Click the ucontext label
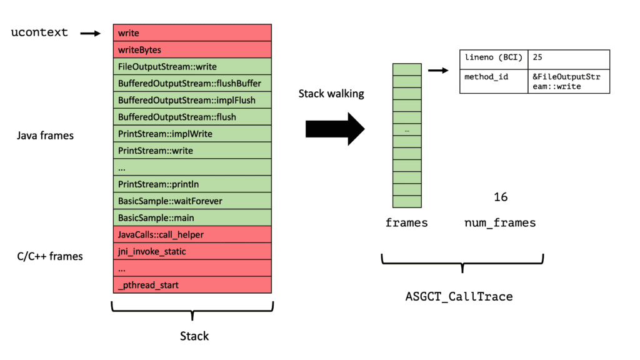[39, 32]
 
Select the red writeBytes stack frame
[192, 50]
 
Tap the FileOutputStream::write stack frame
[192, 66]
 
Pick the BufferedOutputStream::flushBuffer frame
[192, 83]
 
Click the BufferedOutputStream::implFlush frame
[192, 100]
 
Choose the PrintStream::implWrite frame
[192, 134]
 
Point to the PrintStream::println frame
[192, 184]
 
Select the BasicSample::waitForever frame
[192, 201]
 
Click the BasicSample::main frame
[192, 218]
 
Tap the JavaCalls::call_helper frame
[192, 235]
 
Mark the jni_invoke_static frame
[192, 251]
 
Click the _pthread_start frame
[192, 285]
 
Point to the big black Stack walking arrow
[334, 128]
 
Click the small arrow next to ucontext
[91, 33]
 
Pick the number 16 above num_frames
[501, 197]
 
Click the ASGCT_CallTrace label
[459, 296]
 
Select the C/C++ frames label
[49, 256]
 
